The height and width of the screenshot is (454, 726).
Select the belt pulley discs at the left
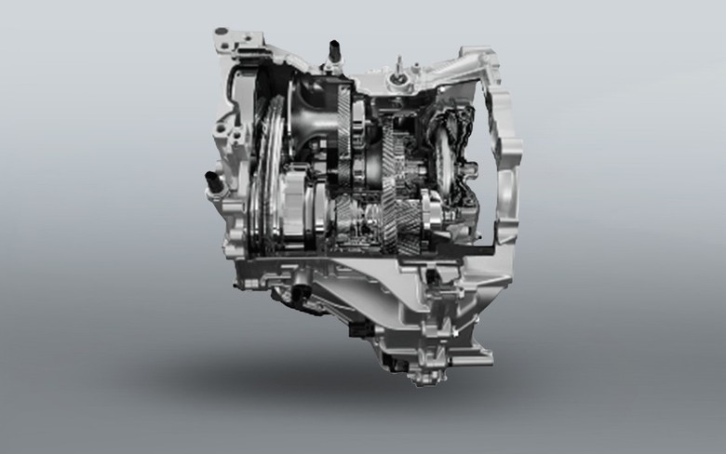pyautogui.click(x=264, y=177)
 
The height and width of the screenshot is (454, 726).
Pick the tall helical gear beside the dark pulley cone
pyautogui.click(x=345, y=130)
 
